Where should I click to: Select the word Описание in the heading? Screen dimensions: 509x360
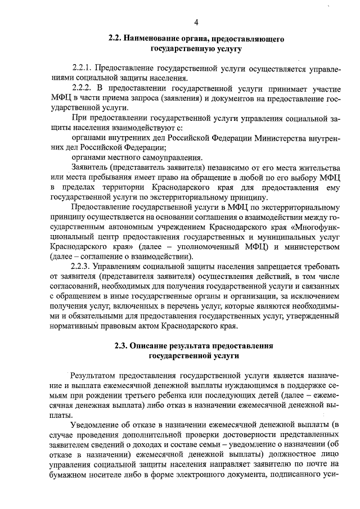(x=157, y=345)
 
